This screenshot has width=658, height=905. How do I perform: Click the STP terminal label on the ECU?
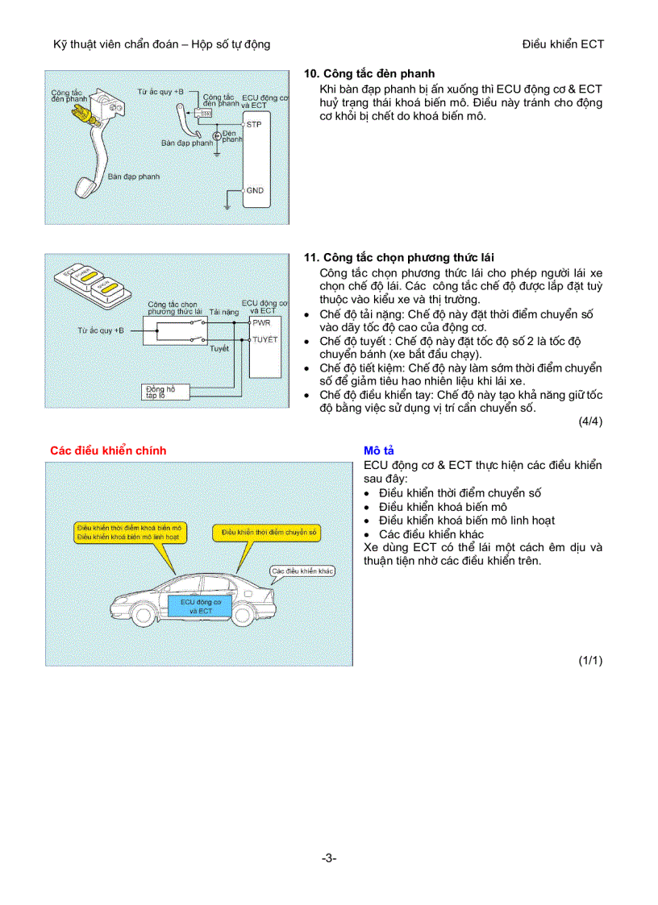(254, 126)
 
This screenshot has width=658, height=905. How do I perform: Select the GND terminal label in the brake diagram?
(255, 191)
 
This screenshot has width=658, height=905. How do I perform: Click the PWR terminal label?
(261, 322)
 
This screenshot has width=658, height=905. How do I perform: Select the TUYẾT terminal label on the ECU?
(264, 340)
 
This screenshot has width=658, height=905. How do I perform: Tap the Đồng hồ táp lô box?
(165, 392)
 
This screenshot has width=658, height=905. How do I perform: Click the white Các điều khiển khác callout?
(302, 571)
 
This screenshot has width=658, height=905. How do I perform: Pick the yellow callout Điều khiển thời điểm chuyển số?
(266, 533)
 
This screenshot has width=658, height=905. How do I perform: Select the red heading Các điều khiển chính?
(108, 450)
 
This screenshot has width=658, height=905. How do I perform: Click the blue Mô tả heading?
(378, 450)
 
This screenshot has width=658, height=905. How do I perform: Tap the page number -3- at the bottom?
(328, 858)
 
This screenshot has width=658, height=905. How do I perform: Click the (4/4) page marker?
(590, 421)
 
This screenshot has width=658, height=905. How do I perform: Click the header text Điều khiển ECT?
(563, 44)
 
